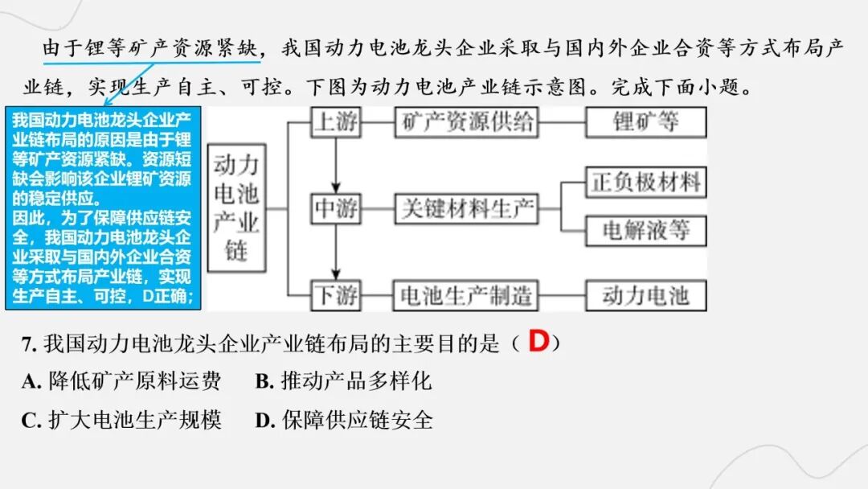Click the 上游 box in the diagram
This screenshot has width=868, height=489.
(x=336, y=122)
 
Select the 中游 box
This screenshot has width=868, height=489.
(x=336, y=209)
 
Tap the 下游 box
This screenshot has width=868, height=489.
(x=336, y=296)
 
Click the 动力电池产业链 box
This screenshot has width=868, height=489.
(x=235, y=208)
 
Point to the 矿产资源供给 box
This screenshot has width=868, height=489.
(x=465, y=122)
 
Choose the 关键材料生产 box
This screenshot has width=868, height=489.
(x=465, y=209)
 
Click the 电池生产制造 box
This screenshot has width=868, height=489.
(x=465, y=296)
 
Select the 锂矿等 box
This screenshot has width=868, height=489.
(x=646, y=122)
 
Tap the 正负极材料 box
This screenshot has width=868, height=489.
(x=646, y=183)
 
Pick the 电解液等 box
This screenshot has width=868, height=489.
(x=646, y=231)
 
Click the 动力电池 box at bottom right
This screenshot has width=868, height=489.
(x=646, y=296)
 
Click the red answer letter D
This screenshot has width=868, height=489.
(x=538, y=342)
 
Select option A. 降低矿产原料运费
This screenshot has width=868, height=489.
(x=121, y=381)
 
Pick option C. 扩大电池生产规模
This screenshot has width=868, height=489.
(x=121, y=420)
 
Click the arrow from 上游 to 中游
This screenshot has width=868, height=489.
(x=337, y=165)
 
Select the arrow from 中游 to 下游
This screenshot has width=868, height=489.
(x=337, y=253)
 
